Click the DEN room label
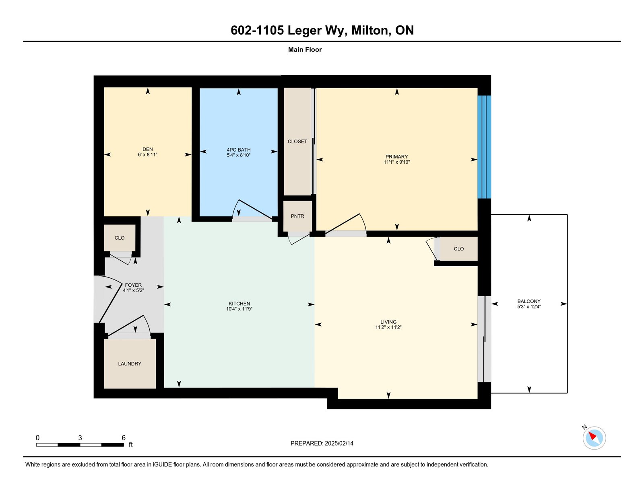coord(148,150)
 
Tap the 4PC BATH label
coord(239,150)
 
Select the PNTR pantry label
coord(297,216)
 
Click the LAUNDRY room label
coord(130,364)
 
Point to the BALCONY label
coord(529,301)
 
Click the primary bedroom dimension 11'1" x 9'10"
coord(396,162)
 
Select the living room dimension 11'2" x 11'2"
coord(388,327)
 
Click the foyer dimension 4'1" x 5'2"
coord(133,291)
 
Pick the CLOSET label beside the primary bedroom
coord(297,142)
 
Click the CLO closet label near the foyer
coord(120,238)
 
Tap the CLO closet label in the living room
coord(458,249)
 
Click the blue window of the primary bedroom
coord(484,147)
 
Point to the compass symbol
coord(594,438)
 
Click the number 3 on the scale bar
coord(80,438)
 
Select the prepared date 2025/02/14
coord(339,444)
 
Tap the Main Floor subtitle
coord(305,50)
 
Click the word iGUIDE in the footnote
coord(162,465)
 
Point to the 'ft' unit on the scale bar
coord(131,445)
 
